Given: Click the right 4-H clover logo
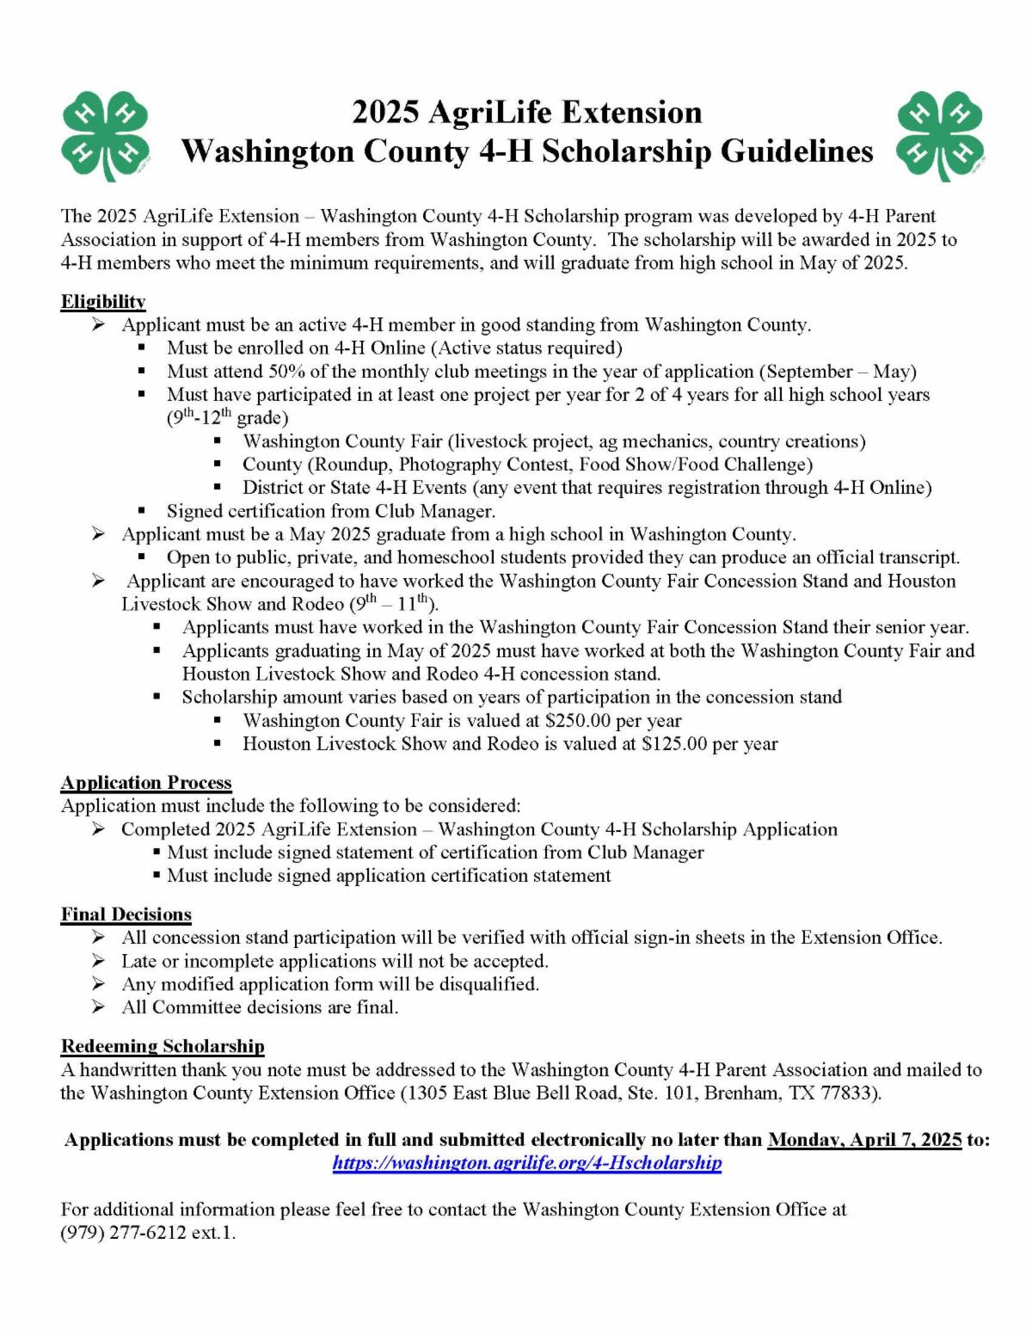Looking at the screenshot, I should (x=941, y=136).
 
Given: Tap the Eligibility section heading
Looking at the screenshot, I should (x=102, y=302).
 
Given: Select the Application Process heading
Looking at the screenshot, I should (x=146, y=783).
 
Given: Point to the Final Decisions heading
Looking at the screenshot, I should (x=126, y=914).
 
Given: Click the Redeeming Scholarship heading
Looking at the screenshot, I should (x=163, y=1047).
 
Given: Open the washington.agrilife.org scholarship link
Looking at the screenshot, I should (x=527, y=1163).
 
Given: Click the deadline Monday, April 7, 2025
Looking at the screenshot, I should (x=864, y=1140).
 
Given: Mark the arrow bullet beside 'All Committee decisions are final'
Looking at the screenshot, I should (x=99, y=1007).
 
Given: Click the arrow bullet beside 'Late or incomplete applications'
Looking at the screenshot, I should (x=99, y=961).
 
